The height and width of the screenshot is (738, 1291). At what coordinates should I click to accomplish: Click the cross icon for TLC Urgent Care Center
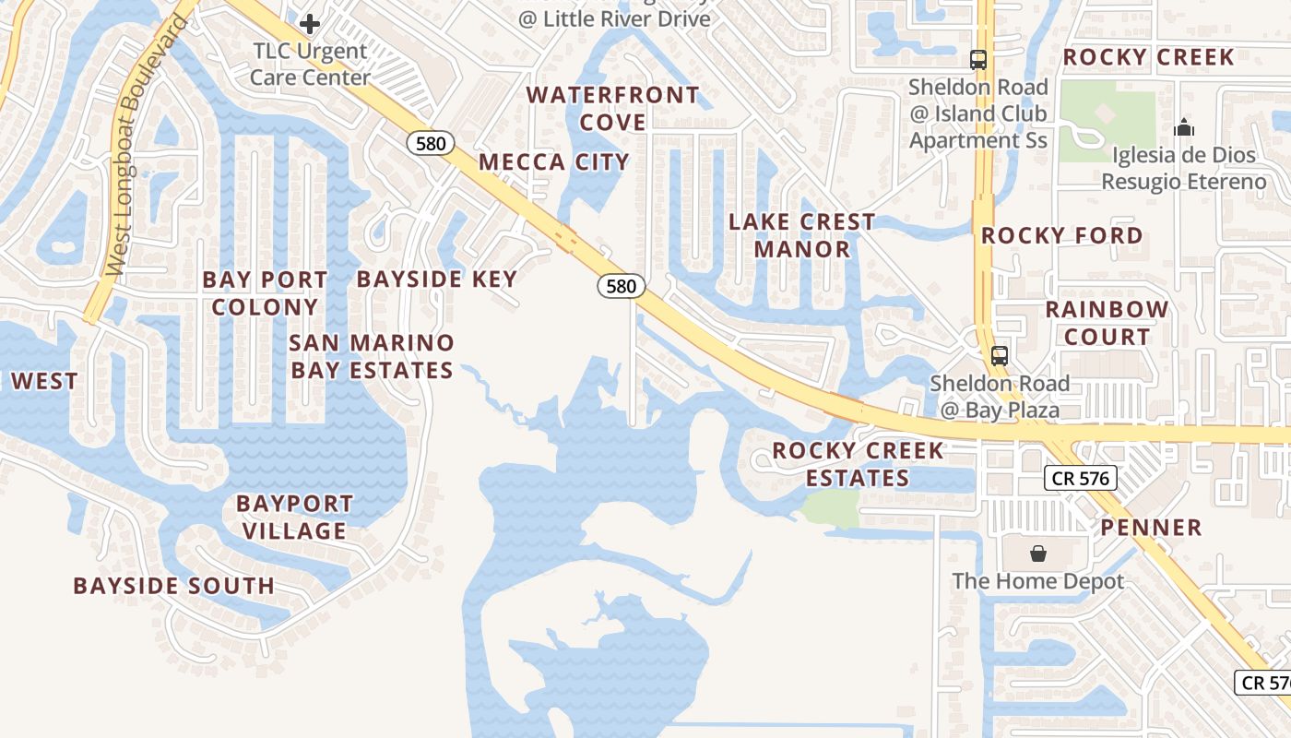tap(310, 23)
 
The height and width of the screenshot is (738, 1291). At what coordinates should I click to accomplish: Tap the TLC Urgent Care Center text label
tap(310, 65)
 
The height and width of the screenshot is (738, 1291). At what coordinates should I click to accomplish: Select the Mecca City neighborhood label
tap(553, 162)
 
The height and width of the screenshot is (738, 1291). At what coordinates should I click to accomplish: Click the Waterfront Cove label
tap(612, 109)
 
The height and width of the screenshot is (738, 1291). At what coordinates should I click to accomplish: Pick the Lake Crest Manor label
tap(801, 235)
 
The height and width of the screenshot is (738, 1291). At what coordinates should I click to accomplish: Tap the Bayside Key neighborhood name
tap(436, 279)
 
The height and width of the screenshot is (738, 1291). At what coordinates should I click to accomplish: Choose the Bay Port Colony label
tap(265, 293)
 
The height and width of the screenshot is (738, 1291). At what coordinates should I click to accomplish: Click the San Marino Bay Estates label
tap(372, 356)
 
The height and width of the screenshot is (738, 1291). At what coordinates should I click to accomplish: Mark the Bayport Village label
tap(294, 517)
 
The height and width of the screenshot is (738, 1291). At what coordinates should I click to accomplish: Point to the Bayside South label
tap(173, 586)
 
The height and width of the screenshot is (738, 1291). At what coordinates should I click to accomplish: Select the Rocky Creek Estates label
tap(858, 464)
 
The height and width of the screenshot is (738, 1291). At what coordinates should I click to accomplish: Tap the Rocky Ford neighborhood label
tap(1061, 235)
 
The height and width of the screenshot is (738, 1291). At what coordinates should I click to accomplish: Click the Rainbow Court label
tap(1107, 323)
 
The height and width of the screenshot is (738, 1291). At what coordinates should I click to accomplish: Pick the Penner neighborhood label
tap(1151, 528)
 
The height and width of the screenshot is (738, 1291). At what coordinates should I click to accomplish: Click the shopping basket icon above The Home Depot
tap(1038, 553)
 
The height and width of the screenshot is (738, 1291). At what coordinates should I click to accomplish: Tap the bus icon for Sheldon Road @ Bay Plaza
tap(999, 355)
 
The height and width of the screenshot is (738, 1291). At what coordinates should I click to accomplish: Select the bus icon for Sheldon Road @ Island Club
tap(978, 60)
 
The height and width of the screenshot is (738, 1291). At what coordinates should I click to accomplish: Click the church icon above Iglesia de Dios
tap(1184, 127)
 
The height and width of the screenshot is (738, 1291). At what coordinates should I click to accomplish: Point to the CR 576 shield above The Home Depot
tap(1081, 478)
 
